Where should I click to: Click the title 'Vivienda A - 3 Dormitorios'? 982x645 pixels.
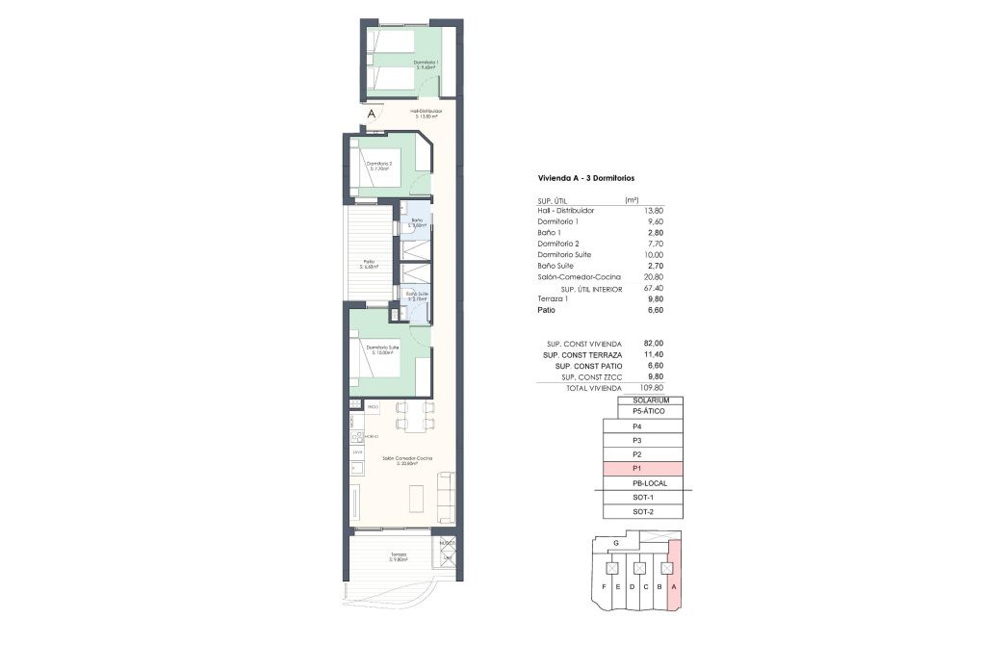(585, 178)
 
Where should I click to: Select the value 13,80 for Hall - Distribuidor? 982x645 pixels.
(653, 210)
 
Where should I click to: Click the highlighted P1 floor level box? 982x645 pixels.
(642, 468)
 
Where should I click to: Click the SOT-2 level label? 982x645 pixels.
(643, 511)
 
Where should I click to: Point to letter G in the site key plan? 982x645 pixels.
(615, 544)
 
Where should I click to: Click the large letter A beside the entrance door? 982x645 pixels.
(373, 116)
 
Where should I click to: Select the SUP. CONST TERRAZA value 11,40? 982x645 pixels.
(652, 354)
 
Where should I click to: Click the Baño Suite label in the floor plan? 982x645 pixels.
(417, 296)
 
